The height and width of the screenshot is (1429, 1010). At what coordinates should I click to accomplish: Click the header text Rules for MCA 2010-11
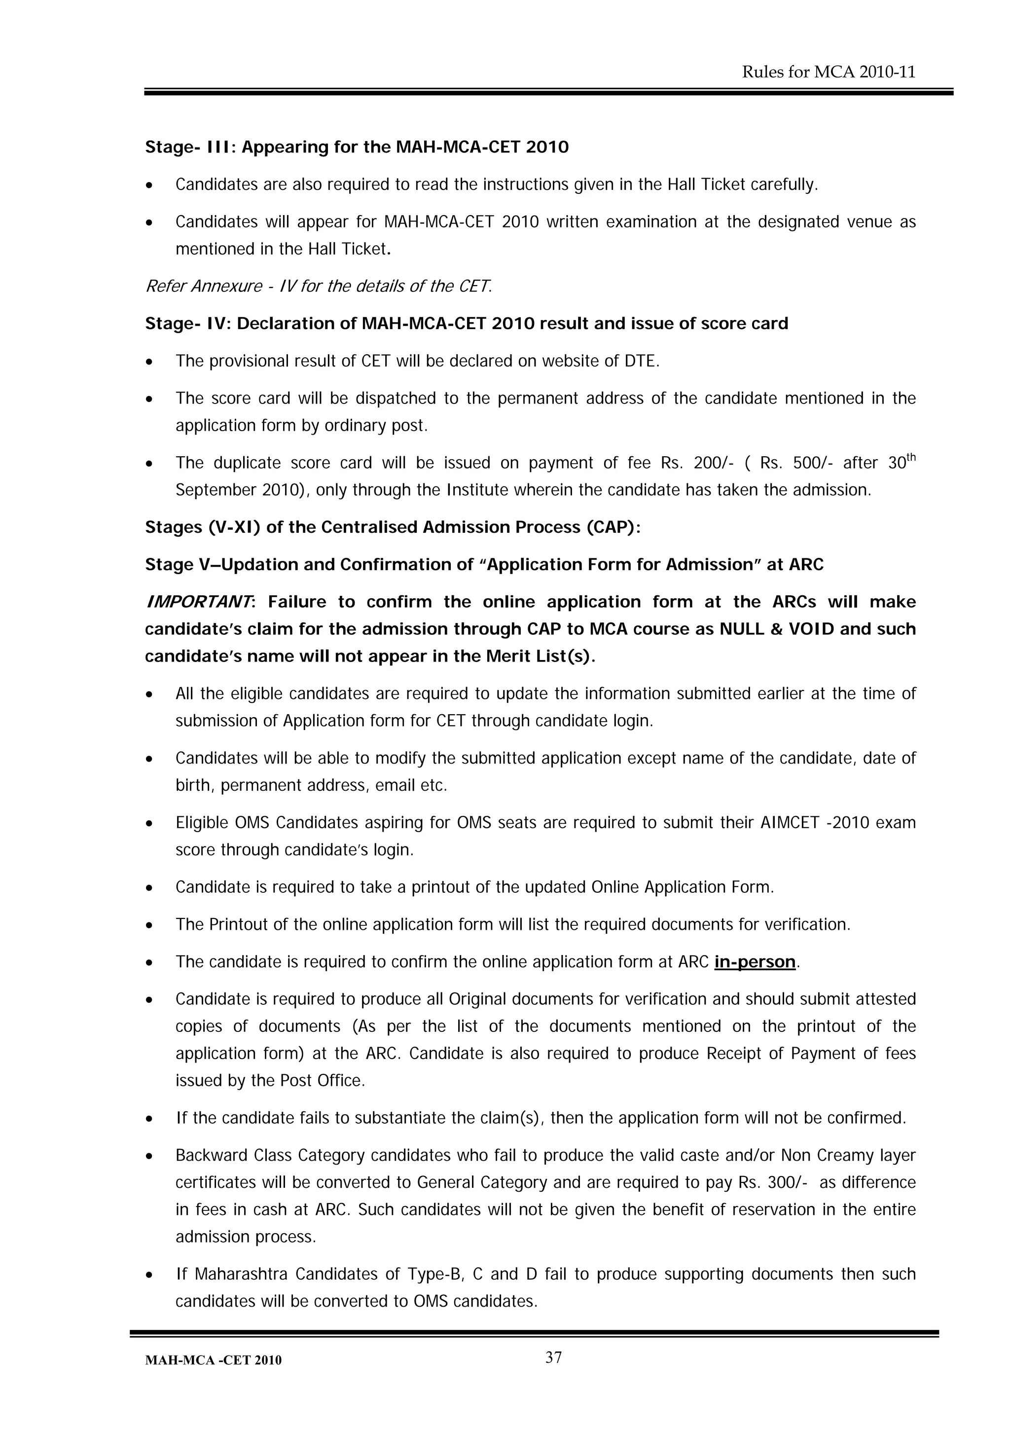click(x=829, y=72)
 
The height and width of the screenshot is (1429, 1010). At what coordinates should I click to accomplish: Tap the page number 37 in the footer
click(x=553, y=1357)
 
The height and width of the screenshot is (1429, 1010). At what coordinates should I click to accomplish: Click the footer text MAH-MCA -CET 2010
click(x=213, y=1360)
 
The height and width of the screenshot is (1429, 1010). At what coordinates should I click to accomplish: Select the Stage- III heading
click(x=357, y=147)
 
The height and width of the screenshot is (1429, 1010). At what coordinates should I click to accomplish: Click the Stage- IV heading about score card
click(x=466, y=324)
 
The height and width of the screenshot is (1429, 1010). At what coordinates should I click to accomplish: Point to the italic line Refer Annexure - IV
click(x=318, y=286)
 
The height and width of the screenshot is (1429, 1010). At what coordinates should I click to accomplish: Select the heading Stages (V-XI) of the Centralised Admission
click(x=393, y=527)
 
